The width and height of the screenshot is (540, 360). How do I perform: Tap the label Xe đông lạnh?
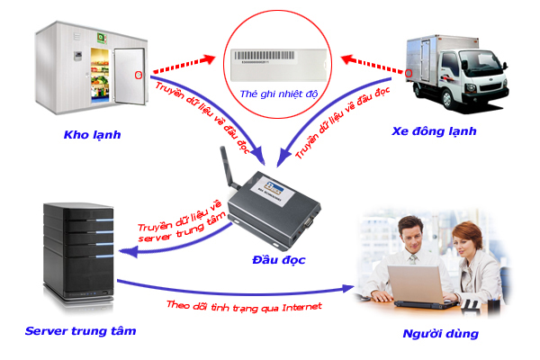(x=434, y=130)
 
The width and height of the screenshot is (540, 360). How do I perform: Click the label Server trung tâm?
(x=81, y=331)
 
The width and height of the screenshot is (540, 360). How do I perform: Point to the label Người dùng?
(x=441, y=334)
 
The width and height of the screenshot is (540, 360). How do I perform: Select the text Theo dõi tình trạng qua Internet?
(x=244, y=306)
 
